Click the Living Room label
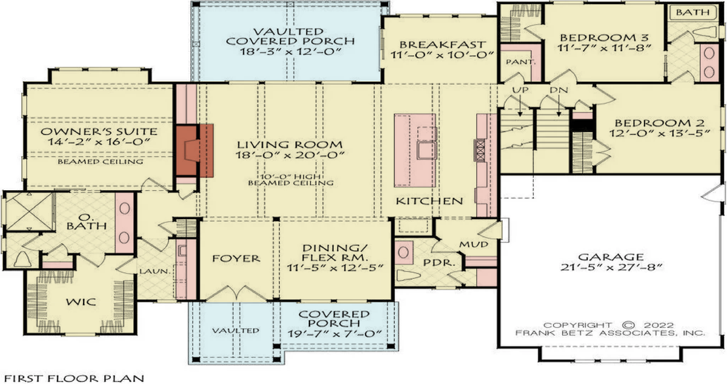289,145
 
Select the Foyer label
237,259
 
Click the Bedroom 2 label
652,121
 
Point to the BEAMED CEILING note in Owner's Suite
100,162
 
